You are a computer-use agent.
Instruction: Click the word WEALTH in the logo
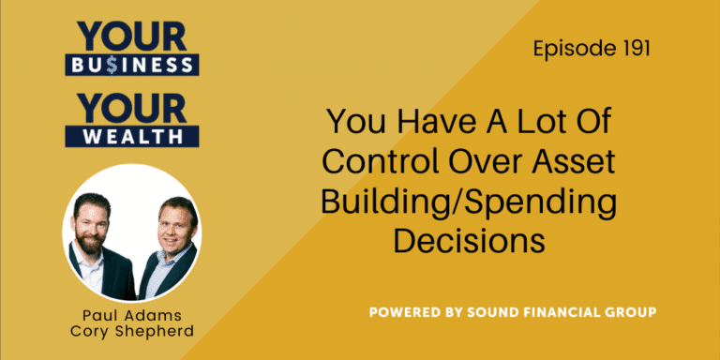130,136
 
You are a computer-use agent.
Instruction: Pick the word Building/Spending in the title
469,201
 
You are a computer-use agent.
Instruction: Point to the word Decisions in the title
469,240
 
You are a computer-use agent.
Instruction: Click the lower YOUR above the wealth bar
130,105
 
